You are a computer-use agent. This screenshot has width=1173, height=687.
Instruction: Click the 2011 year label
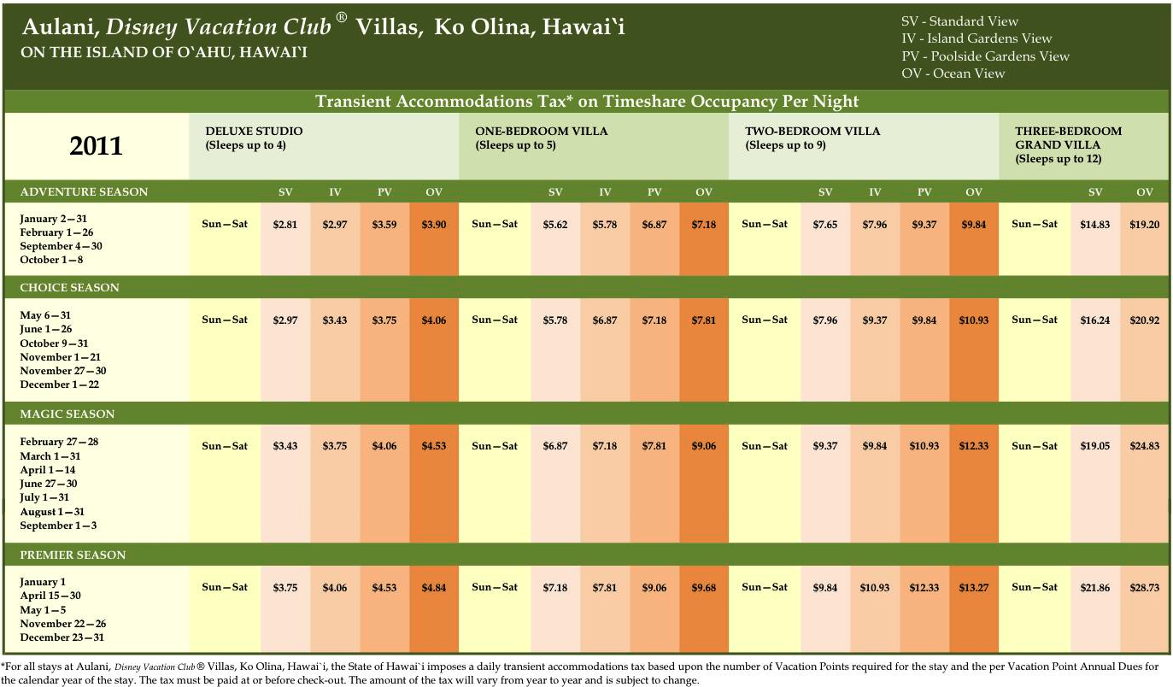coord(96,145)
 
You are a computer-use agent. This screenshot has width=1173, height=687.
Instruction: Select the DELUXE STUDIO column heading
coord(254,132)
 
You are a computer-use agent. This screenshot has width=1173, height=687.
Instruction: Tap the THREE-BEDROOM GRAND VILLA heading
coord(1068,144)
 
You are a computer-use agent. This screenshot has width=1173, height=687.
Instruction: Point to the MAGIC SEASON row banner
coord(67,414)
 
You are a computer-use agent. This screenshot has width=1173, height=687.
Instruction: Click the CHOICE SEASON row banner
coord(69,288)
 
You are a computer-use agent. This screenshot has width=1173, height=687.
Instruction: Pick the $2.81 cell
coord(285,225)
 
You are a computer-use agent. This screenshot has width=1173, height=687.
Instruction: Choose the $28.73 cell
coord(1144,588)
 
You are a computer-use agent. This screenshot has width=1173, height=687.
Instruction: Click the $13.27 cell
coord(973,588)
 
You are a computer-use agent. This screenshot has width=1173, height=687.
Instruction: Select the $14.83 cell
coord(1095,225)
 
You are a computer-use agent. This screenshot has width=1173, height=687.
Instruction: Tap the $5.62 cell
coord(555,225)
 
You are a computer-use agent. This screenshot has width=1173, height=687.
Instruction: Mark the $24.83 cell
coord(1144,447)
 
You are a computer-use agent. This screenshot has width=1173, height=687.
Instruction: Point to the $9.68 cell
coord(703,588)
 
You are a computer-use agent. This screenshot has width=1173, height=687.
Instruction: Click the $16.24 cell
coord(1095,320)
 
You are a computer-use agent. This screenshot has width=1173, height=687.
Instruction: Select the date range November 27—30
coord(63,371)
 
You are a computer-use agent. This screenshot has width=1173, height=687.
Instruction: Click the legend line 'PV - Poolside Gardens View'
coord(985,56)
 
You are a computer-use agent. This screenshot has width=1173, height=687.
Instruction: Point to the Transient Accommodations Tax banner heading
coord(586,102)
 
